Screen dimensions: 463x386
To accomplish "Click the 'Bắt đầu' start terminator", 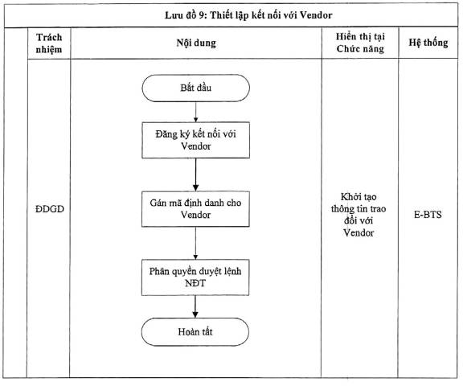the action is pos(196,88).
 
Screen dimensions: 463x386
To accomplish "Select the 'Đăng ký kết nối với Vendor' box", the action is pos(196,140).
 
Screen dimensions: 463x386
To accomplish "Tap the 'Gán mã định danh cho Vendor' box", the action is pos(195,209).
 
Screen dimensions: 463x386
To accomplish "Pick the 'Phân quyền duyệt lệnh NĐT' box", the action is pos(195,277).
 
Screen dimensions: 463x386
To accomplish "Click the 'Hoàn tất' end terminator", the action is pos(195,332).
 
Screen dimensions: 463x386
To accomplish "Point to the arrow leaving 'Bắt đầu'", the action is pos(196,112).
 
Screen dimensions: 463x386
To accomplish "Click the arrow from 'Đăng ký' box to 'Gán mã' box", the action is pos(195,175).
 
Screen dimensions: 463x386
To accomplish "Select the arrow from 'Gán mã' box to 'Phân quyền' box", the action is pos(195,243).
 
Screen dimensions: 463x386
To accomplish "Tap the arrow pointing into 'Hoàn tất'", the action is pos(195,306).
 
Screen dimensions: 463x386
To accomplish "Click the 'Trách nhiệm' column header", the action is pos(49,43).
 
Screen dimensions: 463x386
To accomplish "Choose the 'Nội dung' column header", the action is pos(196,43).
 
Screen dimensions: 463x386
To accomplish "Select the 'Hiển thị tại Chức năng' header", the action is pos(360,43).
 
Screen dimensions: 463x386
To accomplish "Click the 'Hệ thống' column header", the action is pos(428,43).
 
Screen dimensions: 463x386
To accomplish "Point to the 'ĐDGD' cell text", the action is pos(50,209).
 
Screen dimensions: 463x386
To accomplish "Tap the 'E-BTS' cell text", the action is pos(428,215).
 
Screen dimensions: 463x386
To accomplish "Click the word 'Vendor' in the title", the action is pos(316,15).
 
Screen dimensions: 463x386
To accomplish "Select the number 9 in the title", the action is pos(201,15).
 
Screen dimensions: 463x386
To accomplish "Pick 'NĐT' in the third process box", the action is pos(195,283).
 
